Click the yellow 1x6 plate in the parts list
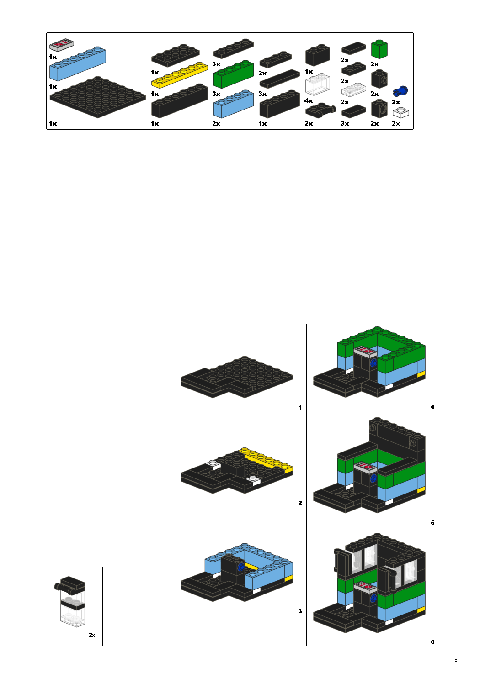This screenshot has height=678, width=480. point(179,75)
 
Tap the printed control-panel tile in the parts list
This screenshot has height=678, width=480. point(62,45)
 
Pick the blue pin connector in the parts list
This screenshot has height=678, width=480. point(400,91)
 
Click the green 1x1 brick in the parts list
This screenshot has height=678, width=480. point(379,49)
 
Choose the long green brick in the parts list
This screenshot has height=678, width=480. point(233,74)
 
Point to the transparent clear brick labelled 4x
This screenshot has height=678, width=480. point(317,84)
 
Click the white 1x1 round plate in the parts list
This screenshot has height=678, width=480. point(400,112)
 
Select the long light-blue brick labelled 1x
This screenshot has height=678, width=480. point(77,64)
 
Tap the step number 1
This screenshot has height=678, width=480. point(300,407)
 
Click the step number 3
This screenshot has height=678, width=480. point(300,611)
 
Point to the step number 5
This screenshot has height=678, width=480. point(432,522)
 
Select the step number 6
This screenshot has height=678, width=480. point(432,642)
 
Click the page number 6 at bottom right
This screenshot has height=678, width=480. point(456,661)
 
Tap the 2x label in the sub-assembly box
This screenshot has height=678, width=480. point(92,635)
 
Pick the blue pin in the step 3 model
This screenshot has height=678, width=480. point(240,567)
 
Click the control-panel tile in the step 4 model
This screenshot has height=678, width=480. point(365,351)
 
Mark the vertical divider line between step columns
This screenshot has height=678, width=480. point(306,484)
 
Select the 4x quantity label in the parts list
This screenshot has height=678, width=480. point(309,100)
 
